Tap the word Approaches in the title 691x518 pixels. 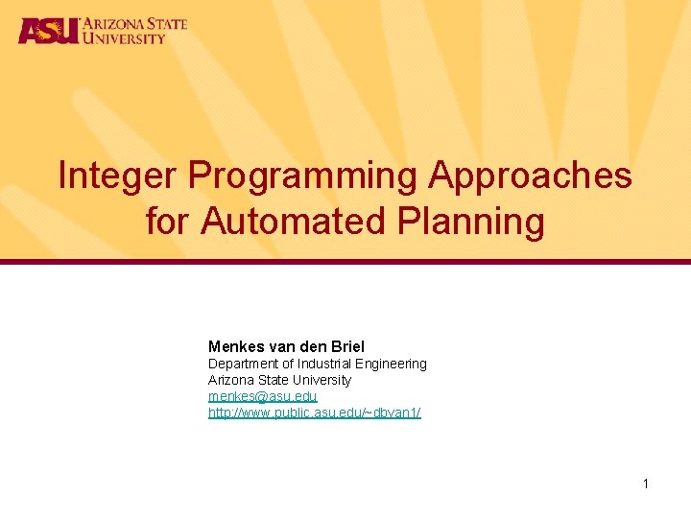pos(530,177)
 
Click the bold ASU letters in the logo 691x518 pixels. pos(47,31)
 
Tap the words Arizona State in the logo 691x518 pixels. pos(133,23)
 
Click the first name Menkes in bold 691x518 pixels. pos(233,346)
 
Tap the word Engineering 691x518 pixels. pos(391,364)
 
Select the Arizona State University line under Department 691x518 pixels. pos(279,380)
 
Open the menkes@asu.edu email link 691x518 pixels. pos(262,396)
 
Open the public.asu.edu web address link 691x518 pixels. pos(314,412)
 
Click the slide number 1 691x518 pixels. pos(645,483)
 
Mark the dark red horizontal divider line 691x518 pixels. pos(345,262)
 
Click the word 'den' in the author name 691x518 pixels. pos(309,346)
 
